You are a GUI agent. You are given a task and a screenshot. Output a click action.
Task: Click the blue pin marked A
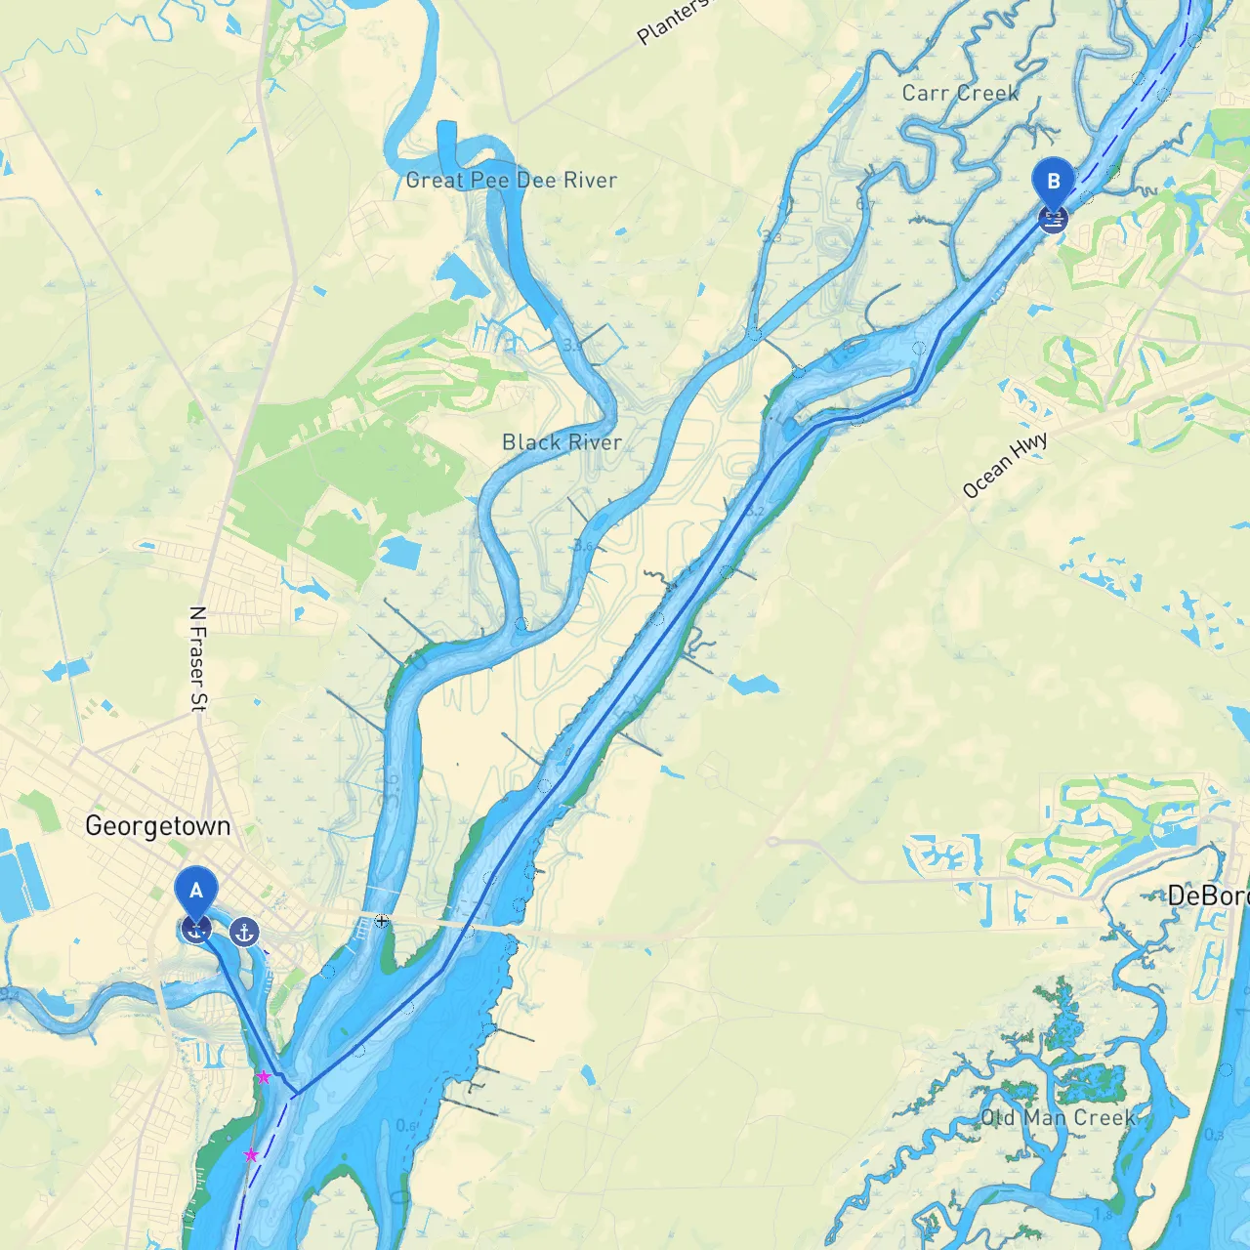click(x=196, y=889)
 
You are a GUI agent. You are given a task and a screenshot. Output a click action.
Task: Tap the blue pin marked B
click(x=1053, y=181)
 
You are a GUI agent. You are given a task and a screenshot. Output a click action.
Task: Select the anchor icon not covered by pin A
click(x=244, y=933)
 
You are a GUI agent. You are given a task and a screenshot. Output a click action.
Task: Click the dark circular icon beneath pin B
click(x=1053, y=219)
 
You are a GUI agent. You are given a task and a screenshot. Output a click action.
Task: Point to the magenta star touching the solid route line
click(x=264, y=1076)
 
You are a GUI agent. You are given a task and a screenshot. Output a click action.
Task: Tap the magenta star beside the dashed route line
click(x=251, y=1155)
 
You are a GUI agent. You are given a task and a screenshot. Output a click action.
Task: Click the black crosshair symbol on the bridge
click(x=382, y=920)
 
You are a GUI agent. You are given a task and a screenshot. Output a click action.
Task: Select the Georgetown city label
click(x=158, y=826)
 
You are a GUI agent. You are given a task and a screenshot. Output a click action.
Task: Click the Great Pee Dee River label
click(x=512, y=180)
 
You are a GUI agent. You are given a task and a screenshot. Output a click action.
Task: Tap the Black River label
click(x=562, y=442)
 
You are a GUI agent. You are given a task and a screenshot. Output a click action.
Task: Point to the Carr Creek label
click(x=960, y=93)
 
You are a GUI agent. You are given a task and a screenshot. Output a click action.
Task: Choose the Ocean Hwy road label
click(x=1005, y=465)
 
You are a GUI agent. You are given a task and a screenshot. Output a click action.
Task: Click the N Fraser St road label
click(x=198, y=659)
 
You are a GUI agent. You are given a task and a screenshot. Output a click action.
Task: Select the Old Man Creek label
click(x=1058, y=1117)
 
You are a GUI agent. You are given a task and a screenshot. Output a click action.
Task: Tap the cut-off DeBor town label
click(x=1207, y=896)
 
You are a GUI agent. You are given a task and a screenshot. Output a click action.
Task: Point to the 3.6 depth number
click(x=583, y=545)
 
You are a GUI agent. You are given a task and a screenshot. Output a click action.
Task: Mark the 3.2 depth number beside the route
click(x=755, y=510)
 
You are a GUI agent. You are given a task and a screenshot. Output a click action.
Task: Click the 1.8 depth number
click(x=1104, y=1215)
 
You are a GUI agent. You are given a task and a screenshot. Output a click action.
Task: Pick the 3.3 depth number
click(x=771, y=236)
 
